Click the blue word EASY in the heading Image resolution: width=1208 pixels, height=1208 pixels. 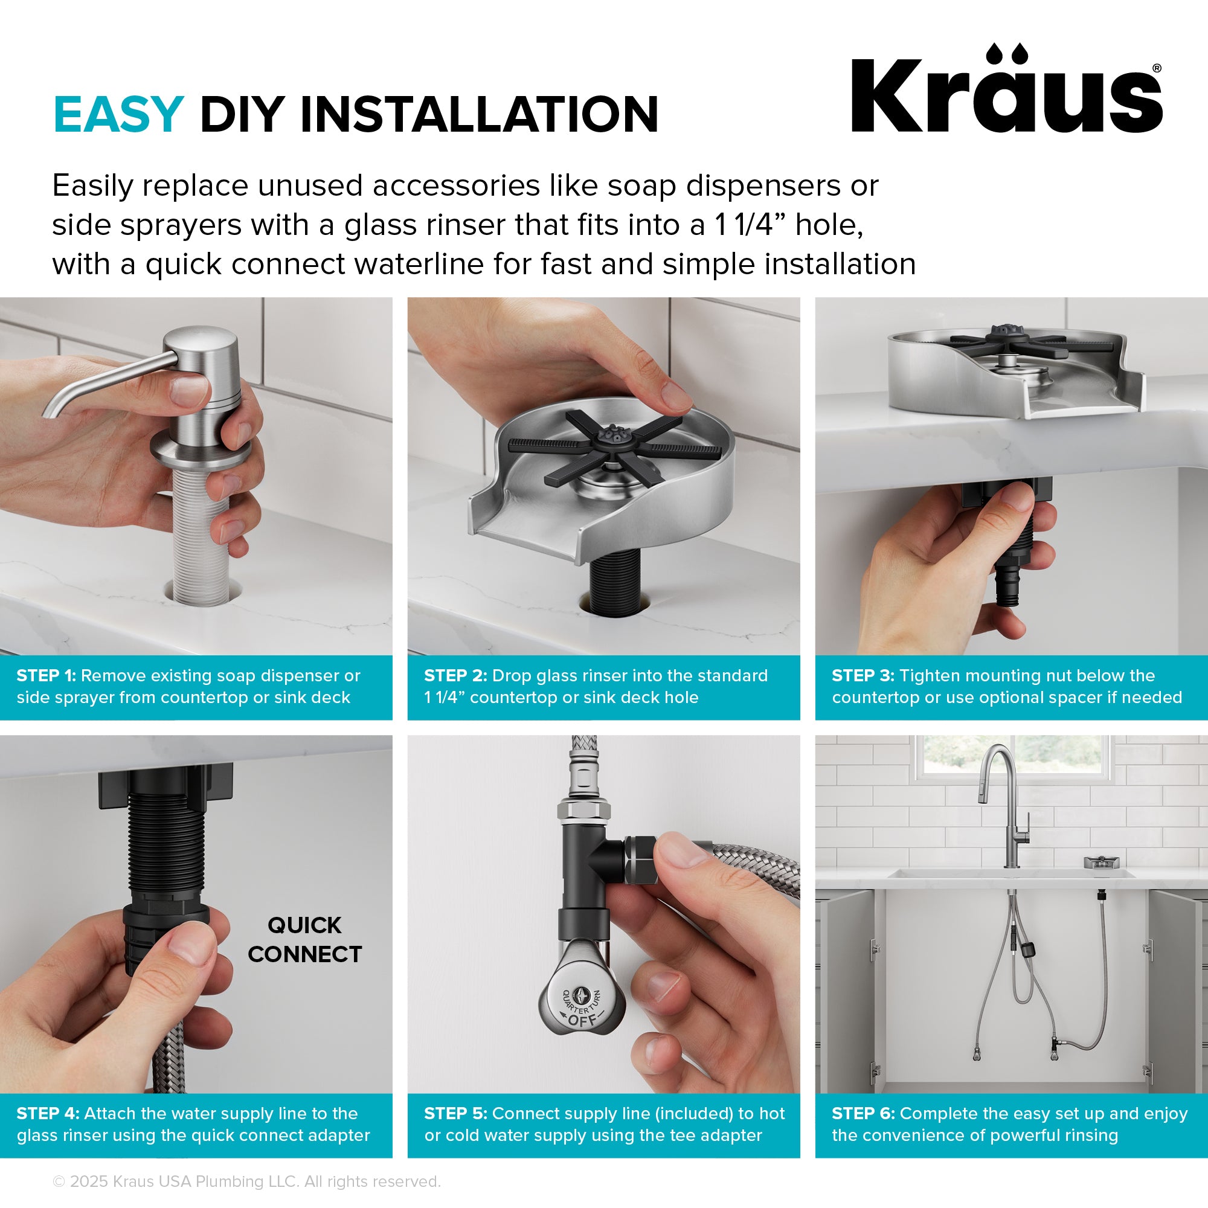[118, 114]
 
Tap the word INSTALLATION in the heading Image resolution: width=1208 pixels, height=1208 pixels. [480, 114]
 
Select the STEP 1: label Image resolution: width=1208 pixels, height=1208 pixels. [47, 676]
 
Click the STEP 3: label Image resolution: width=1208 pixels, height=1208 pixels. [863, 676]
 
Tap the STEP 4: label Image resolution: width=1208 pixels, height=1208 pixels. [48, 1114]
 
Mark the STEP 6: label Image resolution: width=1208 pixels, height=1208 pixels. [863, 1114]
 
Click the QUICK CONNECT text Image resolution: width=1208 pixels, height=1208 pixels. [304, 940]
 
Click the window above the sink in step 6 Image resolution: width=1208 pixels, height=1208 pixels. [1013, 757]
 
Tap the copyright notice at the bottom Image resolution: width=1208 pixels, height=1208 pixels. [247, 1181]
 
